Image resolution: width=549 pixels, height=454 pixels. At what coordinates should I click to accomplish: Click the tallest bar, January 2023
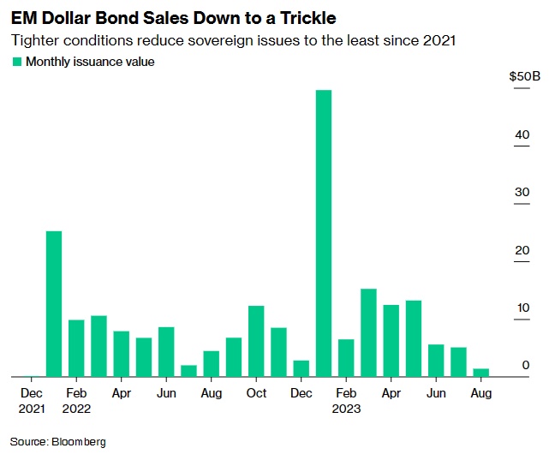[x=324, y=233]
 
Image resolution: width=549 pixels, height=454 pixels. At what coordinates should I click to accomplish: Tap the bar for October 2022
[x=256, y=340]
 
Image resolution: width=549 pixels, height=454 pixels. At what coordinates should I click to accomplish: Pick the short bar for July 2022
[x=188, y=370]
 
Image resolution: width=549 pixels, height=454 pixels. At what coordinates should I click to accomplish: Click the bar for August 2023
[x=480, y=373]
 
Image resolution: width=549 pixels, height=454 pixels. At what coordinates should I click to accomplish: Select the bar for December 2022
[x=301, y=367]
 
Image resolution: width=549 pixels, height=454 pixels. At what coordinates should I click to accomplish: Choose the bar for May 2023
[x=414, y=338]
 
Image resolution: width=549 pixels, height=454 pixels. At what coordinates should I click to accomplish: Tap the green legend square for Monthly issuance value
[x=17, y=62]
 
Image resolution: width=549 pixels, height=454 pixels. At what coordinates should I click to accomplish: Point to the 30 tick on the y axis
[x=522, y=192]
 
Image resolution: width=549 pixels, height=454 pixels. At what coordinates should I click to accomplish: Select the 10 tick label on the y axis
[x=522, y=308]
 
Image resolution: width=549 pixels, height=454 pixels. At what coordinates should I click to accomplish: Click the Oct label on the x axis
[x=256, y=393]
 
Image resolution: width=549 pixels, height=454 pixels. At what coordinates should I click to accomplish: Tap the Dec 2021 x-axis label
[x=31, y=401]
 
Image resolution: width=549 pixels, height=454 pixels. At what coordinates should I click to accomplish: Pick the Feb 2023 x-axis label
[x=346, y=401]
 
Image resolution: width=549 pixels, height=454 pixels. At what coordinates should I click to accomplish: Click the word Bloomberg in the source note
[x=79, y=441]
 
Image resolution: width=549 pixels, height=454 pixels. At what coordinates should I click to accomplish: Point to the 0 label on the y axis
[x=527, y=366]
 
